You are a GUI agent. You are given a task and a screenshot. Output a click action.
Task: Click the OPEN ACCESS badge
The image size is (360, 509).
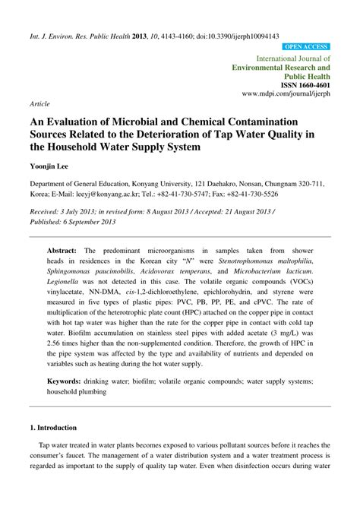coord(307,46)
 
